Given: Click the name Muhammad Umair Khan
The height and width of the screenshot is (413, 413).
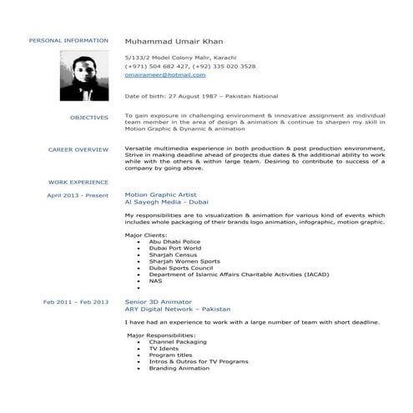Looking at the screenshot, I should (174, 40).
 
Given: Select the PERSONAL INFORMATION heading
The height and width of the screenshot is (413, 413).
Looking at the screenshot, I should (68, 40).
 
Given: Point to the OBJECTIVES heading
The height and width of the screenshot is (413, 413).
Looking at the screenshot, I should (89, 118).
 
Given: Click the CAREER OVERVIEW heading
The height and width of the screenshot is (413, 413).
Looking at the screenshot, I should (78, 149).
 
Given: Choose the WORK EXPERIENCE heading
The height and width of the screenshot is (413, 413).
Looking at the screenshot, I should (78, 181).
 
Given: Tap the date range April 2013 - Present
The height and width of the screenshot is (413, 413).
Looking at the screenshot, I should (78, 195).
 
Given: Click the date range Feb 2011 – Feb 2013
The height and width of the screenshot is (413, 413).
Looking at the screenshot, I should (76, 300).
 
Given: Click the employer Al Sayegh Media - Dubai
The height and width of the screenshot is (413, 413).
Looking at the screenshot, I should (161, 202).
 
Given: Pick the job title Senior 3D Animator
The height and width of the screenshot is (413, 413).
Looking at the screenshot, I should (158, 300).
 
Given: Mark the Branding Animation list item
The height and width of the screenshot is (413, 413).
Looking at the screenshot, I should (179, 368).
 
